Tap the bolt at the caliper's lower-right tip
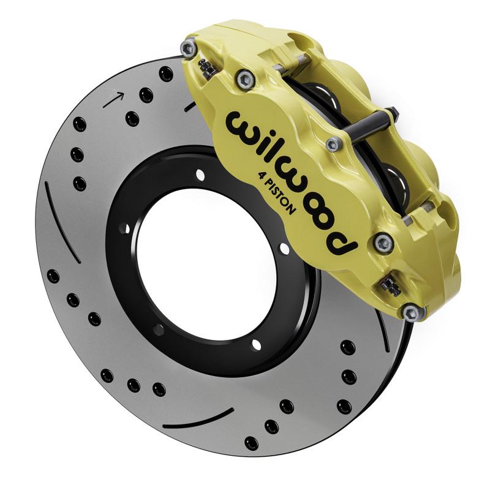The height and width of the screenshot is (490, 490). [413, 312]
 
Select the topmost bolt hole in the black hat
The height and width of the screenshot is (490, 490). [200, 176]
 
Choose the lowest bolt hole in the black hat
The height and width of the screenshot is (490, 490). [256, 345]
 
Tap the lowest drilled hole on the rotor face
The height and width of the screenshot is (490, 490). [251, 442]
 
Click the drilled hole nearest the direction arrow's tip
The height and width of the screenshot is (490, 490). [146, 95]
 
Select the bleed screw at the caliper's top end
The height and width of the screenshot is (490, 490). [208, 68]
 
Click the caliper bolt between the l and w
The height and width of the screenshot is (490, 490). [334, 145]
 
